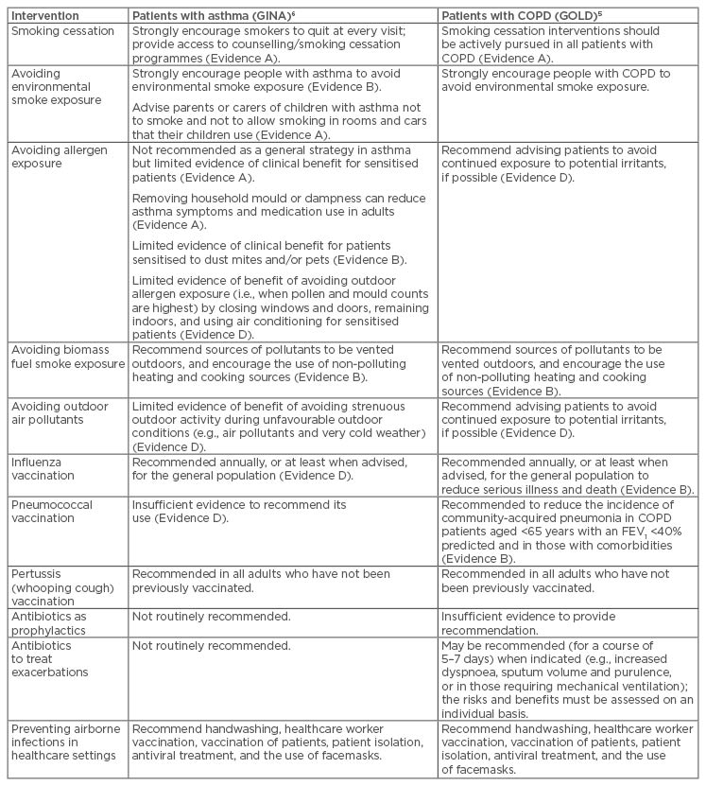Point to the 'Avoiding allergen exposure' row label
point(60,156)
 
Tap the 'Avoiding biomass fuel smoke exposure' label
point(62,364)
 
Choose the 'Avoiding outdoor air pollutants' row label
point(60,413)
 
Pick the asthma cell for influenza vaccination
point(269,468)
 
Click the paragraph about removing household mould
point(279,212)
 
